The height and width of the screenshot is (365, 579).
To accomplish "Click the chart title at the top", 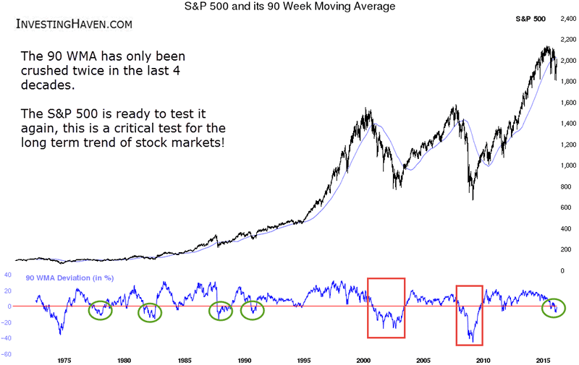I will [289, 8].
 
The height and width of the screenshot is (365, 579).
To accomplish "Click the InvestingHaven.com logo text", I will [74, 25].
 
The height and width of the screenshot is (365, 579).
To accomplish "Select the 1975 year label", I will [64, 358].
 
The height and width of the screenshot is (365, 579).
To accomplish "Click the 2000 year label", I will [364, 358].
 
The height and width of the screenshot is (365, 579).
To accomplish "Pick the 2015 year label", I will [544, 358].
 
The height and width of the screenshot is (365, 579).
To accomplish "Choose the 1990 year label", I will [244, 358].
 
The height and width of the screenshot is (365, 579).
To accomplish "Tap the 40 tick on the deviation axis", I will [8, 275].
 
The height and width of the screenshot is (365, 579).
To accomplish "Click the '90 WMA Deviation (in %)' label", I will [69, 278].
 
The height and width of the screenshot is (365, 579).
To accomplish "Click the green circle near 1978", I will [100, 311].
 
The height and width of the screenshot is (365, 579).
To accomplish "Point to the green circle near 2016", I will [554, 309].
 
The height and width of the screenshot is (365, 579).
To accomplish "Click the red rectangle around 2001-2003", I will [386, 308].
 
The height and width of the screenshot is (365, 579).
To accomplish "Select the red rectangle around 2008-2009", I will [469, 314].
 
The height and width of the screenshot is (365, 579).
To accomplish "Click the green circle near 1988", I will [220, 312].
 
